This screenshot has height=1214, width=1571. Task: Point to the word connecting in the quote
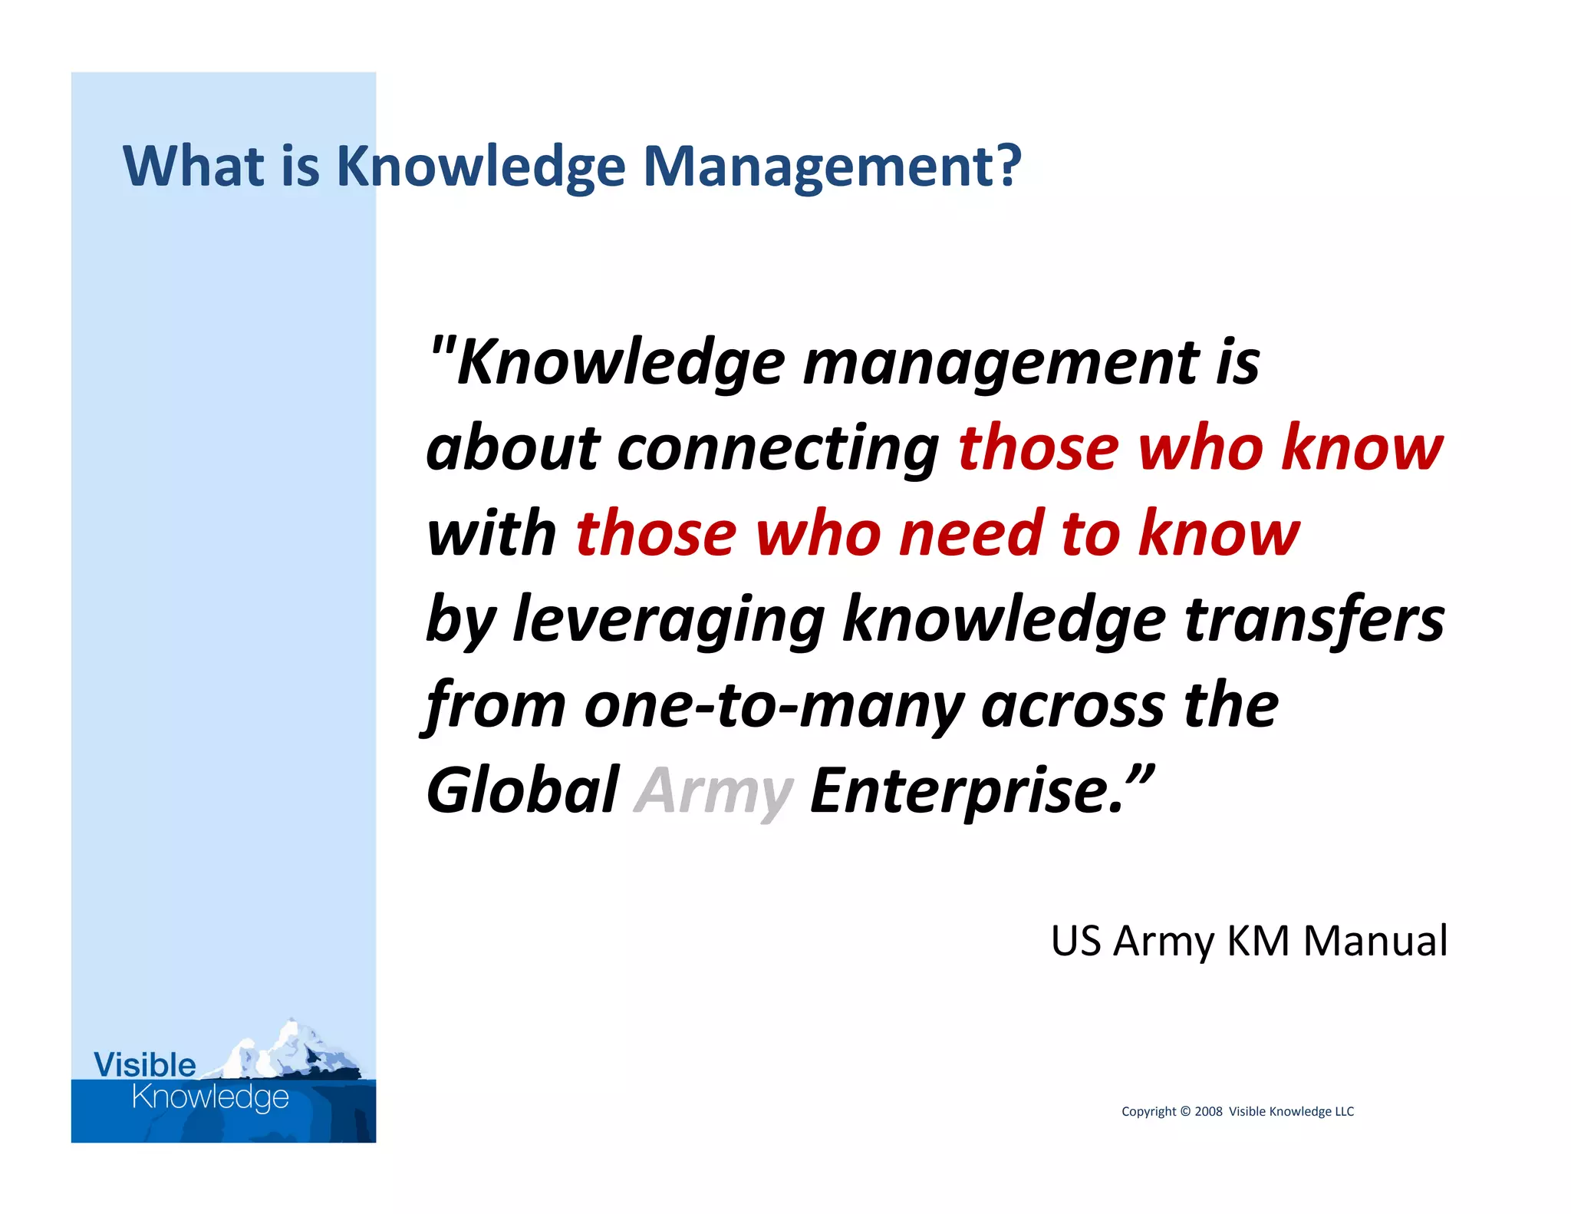(x=778, y=449)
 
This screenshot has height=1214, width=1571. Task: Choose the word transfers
(x=1314, y=620)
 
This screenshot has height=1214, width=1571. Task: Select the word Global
(x=522, y=790)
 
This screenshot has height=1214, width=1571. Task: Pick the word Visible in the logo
(x=144, y=1065)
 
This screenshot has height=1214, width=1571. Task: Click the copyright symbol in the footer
(x=1185, y=1111)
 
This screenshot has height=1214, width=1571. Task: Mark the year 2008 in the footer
(x=1208, y=1111)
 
